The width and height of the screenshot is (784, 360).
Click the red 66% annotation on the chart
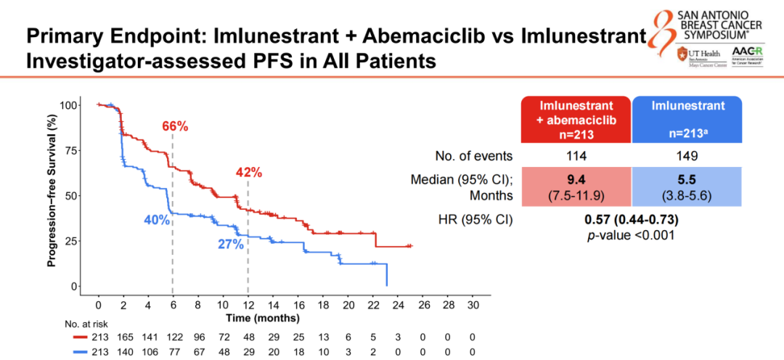pyautogui.click(x=174, y=126)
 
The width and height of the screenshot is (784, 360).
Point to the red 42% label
pyautogui.click(x=248, y=172)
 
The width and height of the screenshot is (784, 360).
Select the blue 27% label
pyautogui.click(x=231, y=244)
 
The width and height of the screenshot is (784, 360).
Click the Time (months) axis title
pyautogui.click(x=263, y=317)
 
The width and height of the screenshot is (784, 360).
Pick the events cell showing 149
pyautogui.click(x=687, y=155)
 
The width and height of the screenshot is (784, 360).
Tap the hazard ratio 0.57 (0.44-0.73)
pyautogui.click(x=632, y=220)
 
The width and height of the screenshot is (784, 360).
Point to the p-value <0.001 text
pyautogui.click(x=632, y=234)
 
